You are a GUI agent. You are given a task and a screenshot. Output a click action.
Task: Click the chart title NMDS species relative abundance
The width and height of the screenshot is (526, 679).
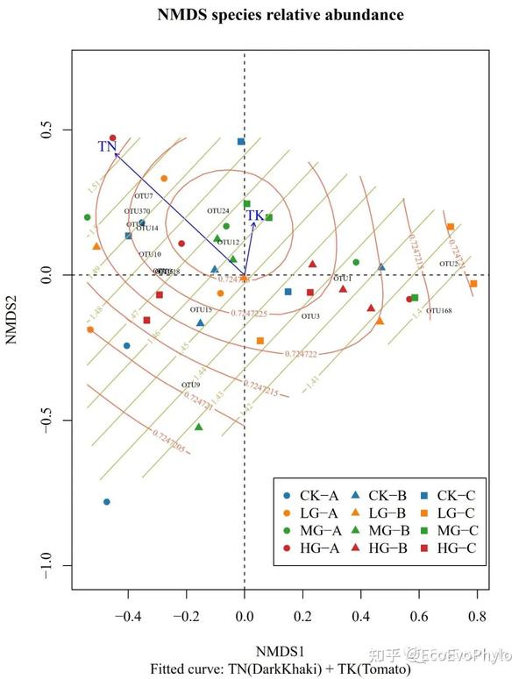(x=268, y=15)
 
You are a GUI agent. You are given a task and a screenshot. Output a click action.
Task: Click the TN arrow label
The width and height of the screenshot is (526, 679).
(x=107, y=146)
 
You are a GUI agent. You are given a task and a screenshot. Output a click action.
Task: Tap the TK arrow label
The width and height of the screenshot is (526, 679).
(x=254, y=216)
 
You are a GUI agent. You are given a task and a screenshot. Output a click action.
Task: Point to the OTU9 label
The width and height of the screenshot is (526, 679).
(x=191, y=385)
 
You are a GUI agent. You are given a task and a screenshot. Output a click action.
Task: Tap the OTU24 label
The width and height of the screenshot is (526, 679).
(x=218, y=211)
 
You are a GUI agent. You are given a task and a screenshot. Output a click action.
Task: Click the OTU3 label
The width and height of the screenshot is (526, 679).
(x=310, y=316)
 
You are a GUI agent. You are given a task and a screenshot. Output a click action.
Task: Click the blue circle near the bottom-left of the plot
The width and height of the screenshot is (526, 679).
(x=107, y=502)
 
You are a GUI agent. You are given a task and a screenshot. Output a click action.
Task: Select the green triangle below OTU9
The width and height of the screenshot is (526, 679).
(x=199, y=428)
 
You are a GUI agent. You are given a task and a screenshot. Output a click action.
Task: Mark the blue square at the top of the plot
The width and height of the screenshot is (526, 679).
(x=241, y=141)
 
